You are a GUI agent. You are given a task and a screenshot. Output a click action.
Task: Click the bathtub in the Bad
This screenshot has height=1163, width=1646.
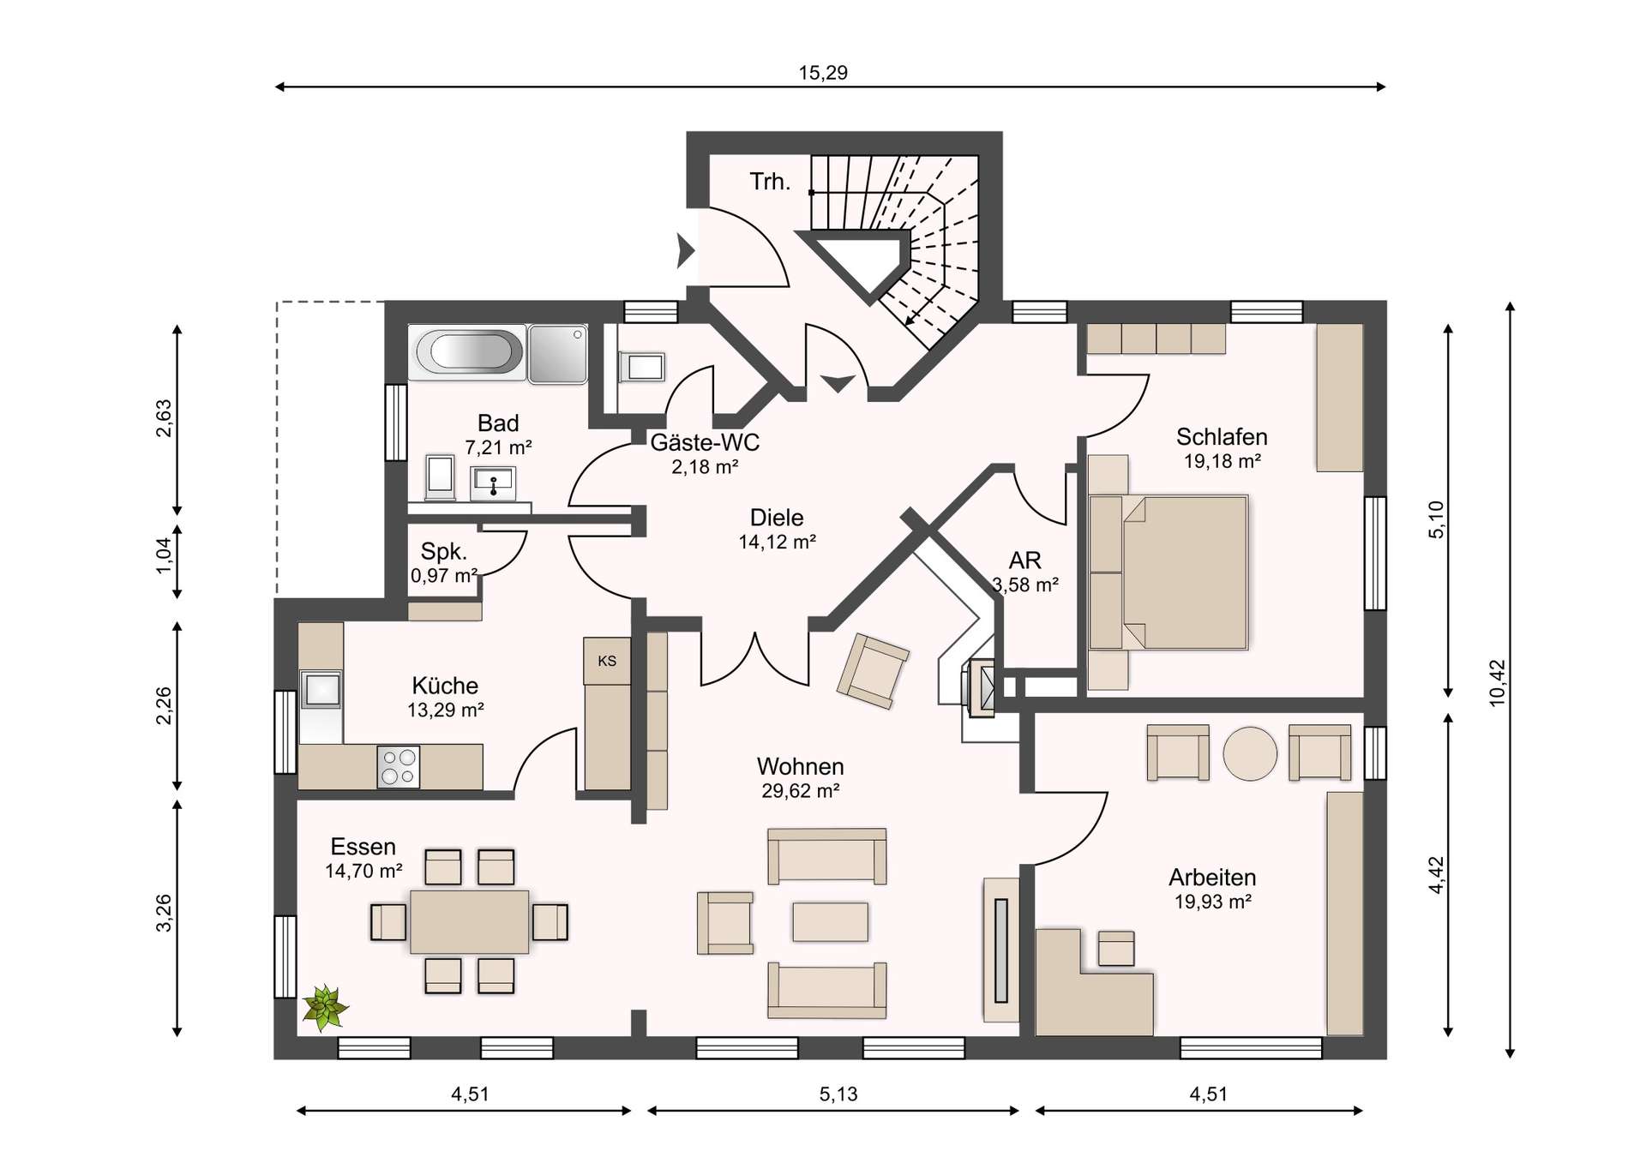[466, 351]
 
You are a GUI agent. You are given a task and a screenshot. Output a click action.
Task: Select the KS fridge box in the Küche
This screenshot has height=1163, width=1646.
[607, 661]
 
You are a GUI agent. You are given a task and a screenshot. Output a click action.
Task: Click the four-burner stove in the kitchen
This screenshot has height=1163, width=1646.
[399, 766]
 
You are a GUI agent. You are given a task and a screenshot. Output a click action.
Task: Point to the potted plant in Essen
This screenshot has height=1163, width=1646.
[325, 1008]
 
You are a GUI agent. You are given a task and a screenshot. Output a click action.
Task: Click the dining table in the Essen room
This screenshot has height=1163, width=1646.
[469, 921]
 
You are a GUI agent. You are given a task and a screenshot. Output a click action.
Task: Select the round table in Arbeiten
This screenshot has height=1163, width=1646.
[1249, 753]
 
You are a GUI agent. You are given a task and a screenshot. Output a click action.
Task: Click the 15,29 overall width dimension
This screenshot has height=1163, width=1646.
[823, 73]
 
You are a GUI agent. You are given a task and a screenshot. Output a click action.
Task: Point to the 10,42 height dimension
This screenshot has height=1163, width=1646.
[1497, 682]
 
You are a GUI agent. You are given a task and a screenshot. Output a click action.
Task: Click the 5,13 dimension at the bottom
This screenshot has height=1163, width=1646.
[838, 1094]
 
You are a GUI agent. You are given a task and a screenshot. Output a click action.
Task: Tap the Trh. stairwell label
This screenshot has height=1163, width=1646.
[770, 182]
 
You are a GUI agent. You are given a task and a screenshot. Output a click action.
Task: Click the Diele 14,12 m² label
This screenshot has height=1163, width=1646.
[777, 529]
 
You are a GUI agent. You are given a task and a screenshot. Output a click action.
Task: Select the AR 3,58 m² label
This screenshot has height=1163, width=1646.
[1025, 572]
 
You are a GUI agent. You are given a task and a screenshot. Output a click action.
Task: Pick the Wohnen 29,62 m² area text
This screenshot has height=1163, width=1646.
[800, 777]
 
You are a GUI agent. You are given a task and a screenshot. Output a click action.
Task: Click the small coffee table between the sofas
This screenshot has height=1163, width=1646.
[830, 921]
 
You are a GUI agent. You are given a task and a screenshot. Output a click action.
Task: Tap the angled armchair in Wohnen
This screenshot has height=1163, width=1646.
[874, 671]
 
